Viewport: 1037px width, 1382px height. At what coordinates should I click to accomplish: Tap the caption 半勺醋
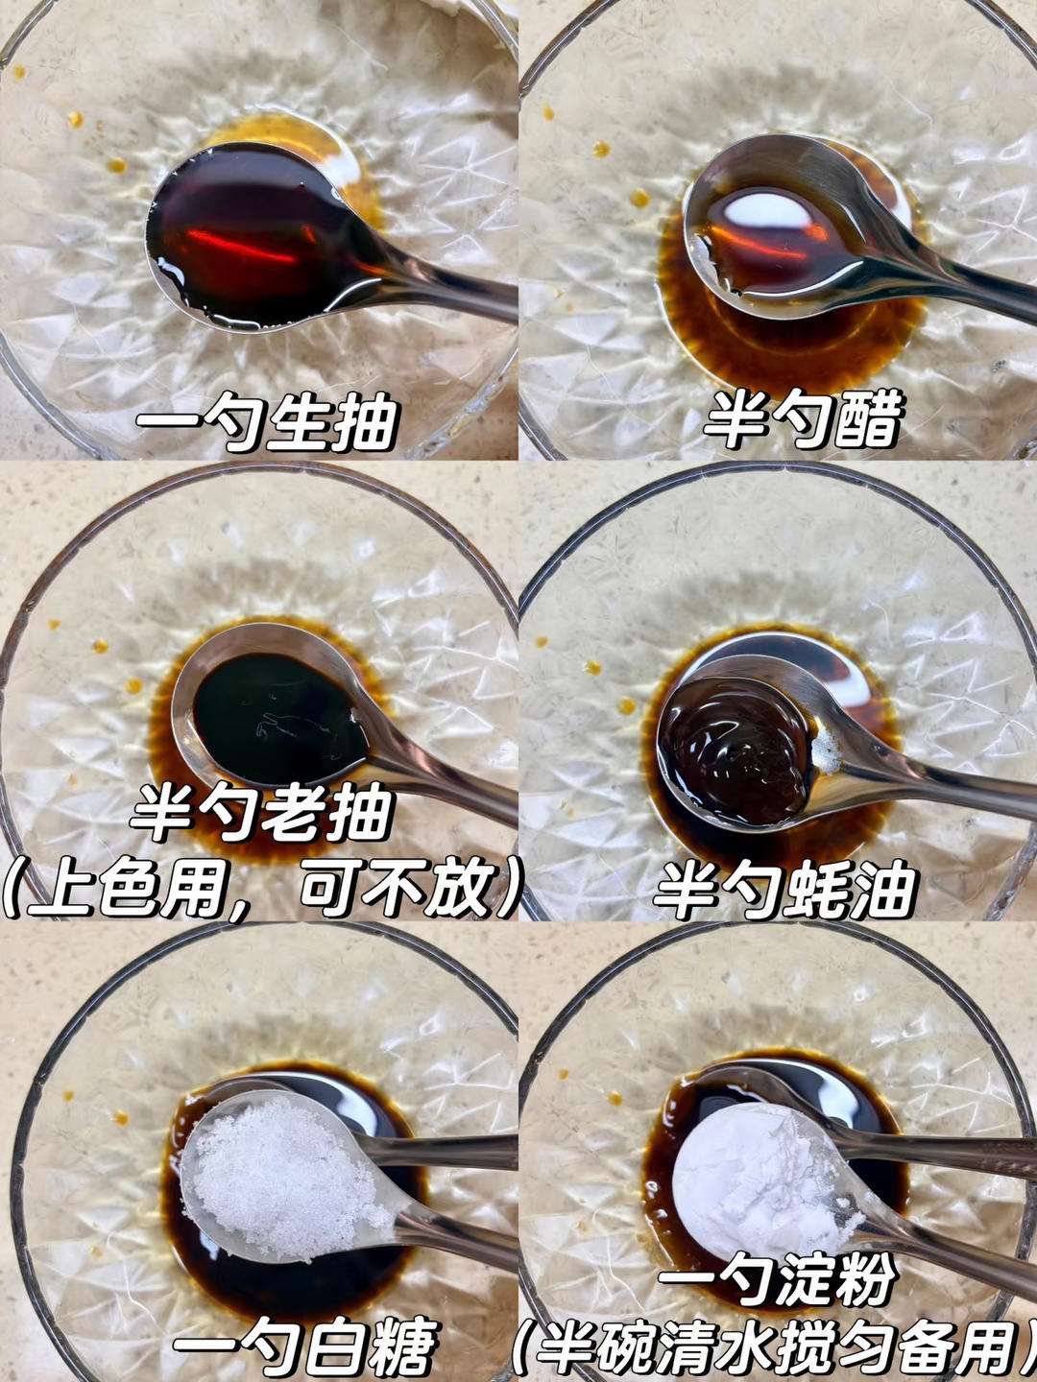click(805, 419)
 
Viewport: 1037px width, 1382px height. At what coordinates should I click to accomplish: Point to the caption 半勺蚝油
click(785, 891)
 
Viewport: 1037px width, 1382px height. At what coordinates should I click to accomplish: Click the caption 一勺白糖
click(305, 1346)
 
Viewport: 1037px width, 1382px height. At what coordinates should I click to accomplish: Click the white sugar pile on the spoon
click(278, 1176)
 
